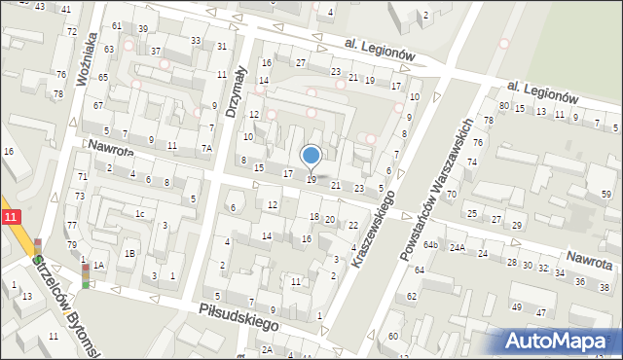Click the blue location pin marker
point(311,156)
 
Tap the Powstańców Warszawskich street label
point(436,190)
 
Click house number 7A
point(206,148)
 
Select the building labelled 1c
point(140,214)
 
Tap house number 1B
point(129,254)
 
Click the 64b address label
point(430,244)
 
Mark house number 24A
point(458,248)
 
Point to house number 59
point(606,195)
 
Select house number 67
point(98,105)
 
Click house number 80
point(503,105)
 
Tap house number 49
point(515,307)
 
